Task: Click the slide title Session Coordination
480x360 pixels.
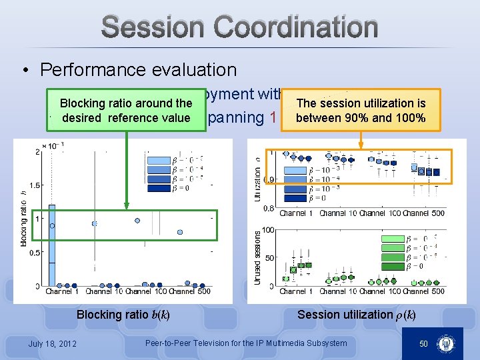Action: point(240,28)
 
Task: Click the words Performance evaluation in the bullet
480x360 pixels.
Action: point(138,69)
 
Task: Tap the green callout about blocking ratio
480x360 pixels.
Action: point(126,111)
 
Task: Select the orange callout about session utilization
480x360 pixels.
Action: point(361,111)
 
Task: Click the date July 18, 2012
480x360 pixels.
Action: point(52,343)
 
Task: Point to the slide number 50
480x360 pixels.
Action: point(423,343)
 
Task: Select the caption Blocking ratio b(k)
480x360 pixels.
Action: point(123,315)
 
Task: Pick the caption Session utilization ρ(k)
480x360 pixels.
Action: point(356,315)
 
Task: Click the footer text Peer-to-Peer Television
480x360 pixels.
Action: point(246,343)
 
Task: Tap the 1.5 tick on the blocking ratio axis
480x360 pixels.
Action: point(33,185)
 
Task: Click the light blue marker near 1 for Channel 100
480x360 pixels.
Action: point(137,220)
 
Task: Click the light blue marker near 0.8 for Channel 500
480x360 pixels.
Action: point(180,232)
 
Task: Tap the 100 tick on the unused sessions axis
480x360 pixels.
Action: point(268,230)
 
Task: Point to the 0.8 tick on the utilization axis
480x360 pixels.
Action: point(267,208)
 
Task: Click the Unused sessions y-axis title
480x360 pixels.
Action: point(257,258)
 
